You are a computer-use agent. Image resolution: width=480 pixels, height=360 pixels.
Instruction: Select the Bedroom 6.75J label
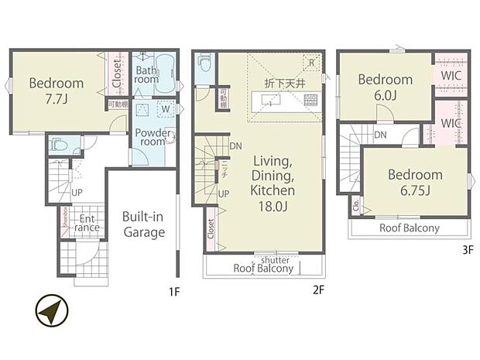tap(416, 182)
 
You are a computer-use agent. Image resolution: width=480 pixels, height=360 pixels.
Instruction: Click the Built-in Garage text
tap(143, 224)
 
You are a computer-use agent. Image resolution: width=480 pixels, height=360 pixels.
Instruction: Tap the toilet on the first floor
tap(61, 145)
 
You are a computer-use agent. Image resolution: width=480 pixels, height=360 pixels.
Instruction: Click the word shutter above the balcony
tap(275, 259)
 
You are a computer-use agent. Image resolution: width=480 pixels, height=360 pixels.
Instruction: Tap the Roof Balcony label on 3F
tap(409, 228)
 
